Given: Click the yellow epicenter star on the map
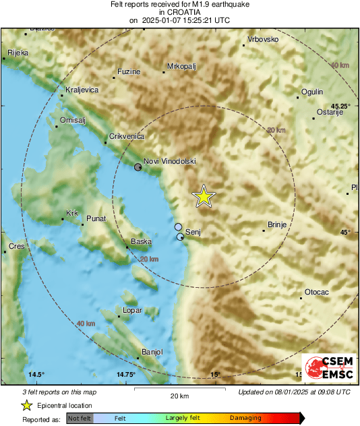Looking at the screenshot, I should pyautogui.click(x=204, y=196).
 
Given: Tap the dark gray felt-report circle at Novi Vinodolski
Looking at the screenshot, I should pyautogui.click(x=138, y=166).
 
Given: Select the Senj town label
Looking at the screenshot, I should pyautogui.click(x=193, y=232).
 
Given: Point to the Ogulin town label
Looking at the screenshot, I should pyautogui.click(x=312, y=92).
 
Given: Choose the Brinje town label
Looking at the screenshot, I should pyautogui.click(x=278, y=225).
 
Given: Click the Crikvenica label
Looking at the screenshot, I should pyautogui.click(x=127, y=137).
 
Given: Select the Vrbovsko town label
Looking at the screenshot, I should pyautogui.click(x=263, y=40).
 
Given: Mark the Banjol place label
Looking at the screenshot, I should pyautogui.click(x=152, y=352).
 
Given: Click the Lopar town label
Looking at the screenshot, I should pyautogui.click(x=132, y=311).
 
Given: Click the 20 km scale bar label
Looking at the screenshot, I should pyautogui.click(x=178, y=396).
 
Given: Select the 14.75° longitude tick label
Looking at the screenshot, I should pyautogui.click(x=126, y=375).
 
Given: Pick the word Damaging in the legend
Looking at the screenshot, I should pyautogui.click(x=245, y=418).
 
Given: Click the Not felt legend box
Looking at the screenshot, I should pyautogui.click(x=80, y=418).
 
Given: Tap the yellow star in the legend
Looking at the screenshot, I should pyautogui.click(x=26, y=405).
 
